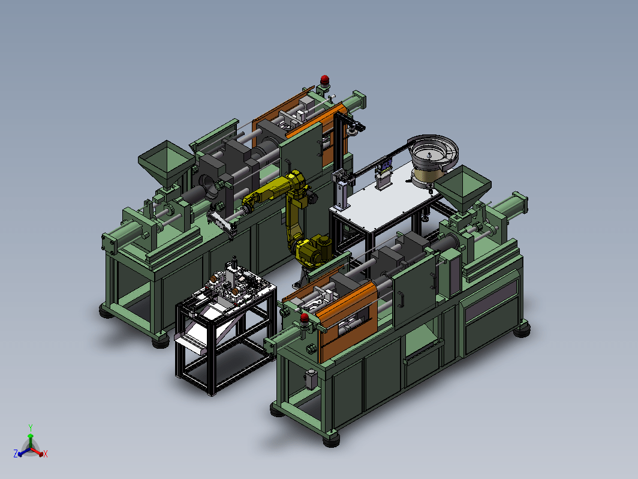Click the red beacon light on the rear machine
point(324,80)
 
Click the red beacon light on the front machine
point(305,318)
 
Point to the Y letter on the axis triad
point(31,427)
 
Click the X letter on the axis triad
point(45,454)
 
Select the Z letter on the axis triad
point(16,453)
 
